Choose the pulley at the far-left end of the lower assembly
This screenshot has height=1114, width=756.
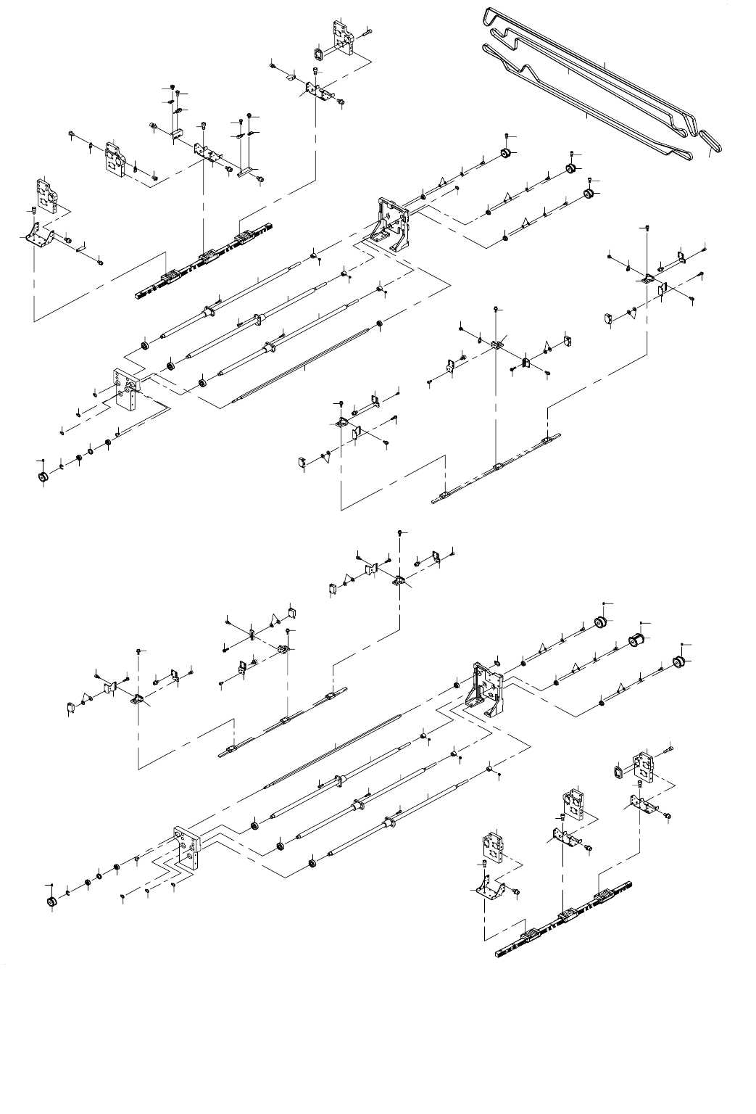tap(51, 901)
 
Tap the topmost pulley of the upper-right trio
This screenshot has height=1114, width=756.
tap(507, 153)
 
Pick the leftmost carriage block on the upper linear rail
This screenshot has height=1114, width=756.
tap(172, 276)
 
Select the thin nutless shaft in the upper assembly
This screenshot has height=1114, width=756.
tap(304, 363)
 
